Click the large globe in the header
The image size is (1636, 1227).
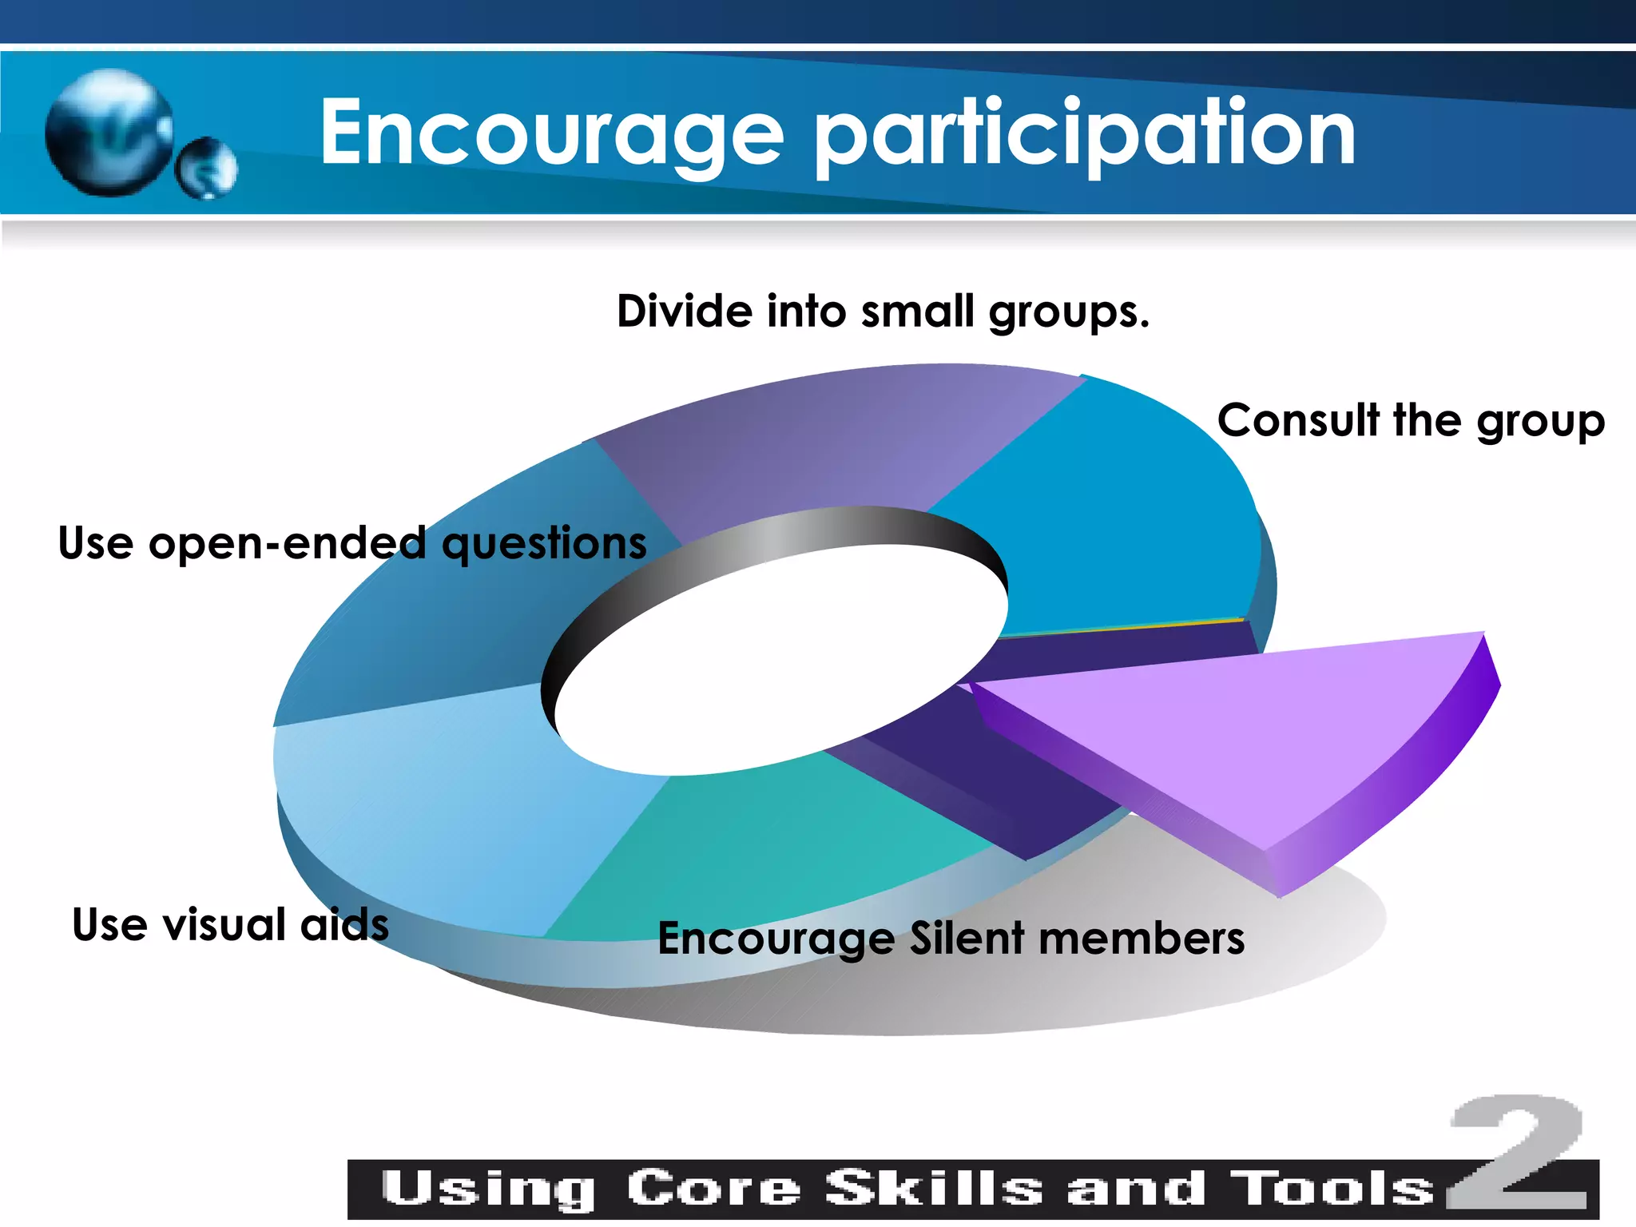[x=109, y=133]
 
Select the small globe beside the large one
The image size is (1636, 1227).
[x=207, y=169]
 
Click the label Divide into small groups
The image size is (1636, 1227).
[x=883, y=311]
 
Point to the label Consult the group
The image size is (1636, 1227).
[x=1411, y=420]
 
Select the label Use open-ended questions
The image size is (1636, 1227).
[x=352, y=543]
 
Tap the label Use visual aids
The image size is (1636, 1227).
[x=230, y=924]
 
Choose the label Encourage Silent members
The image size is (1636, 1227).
[x=951, y=938]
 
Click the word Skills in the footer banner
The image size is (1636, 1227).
[x=934, y=1189]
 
